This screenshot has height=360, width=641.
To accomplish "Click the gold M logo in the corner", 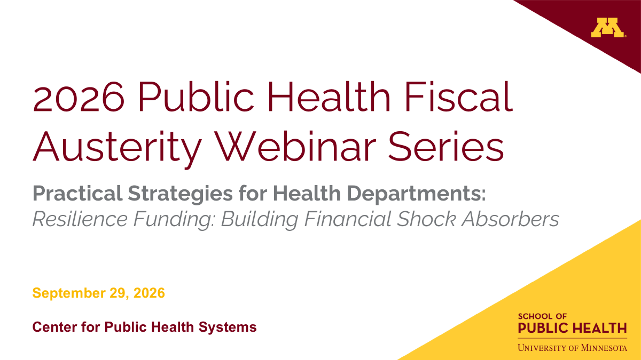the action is (608, 27).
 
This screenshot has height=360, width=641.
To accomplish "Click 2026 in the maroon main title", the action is (79, 97).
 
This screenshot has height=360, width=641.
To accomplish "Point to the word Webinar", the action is (295, 146).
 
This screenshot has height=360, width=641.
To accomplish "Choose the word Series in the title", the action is (446, 147).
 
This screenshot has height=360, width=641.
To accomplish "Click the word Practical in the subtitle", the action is (77, 194).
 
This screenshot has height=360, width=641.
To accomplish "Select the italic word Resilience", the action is (80, 219).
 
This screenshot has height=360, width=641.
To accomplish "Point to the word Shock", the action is (426, 219).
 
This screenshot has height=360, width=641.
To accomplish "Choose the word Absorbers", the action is (510, 219).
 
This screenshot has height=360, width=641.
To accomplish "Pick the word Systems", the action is (228, 327).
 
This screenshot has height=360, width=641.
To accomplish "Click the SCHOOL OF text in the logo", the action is (542, 317).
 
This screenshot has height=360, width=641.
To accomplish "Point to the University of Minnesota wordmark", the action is (572, 348).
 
